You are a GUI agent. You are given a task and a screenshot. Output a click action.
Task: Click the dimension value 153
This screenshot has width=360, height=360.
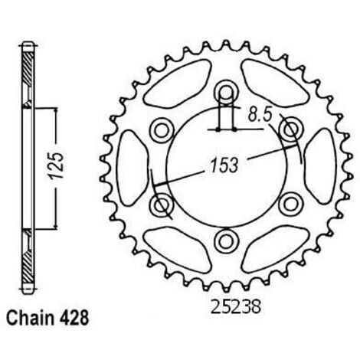(224, 165)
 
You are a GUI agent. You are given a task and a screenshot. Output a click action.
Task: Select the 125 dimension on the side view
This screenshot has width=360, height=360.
(57, 165)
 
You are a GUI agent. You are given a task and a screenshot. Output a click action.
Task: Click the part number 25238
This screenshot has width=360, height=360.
(236, 306)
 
